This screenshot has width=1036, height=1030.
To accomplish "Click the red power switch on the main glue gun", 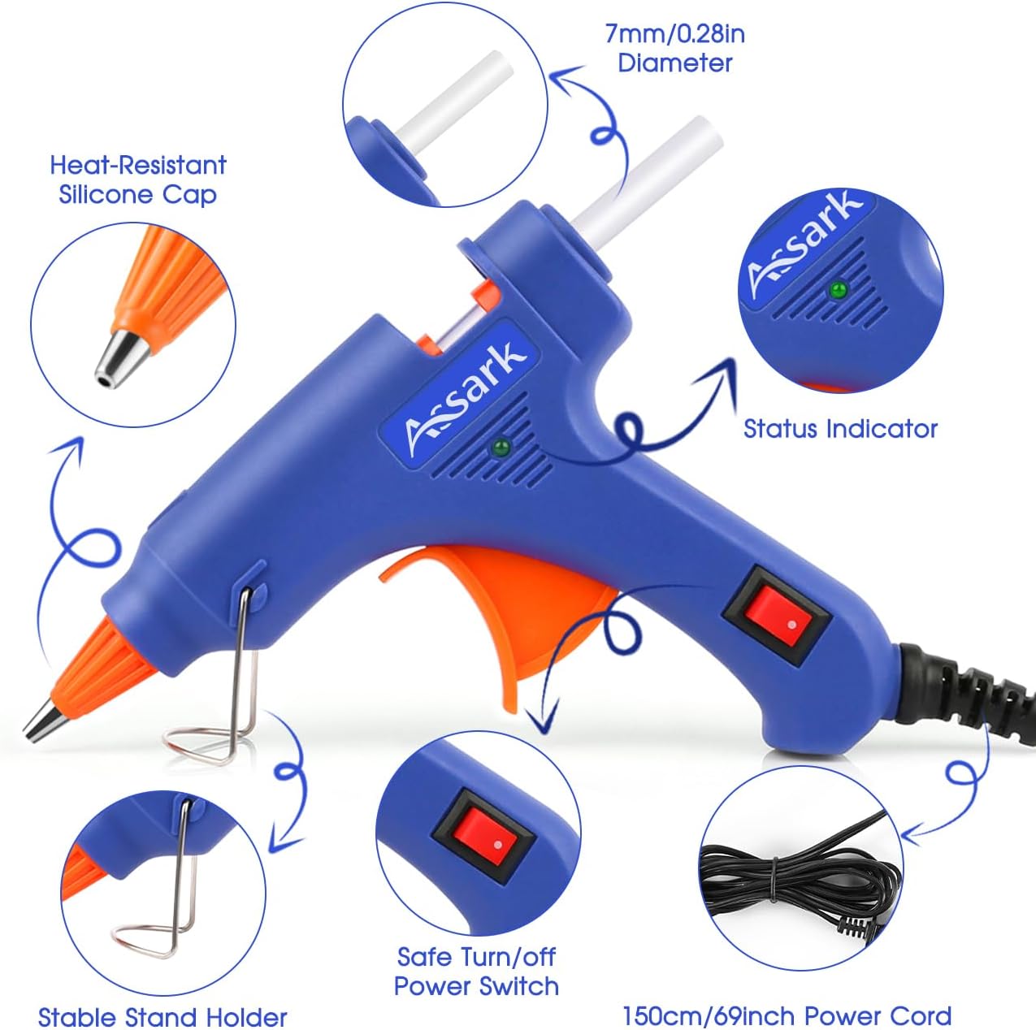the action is tap(778, 619).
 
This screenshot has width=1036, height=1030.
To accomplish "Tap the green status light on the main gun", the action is tap(501, 446).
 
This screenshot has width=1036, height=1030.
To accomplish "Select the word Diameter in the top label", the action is tap(674, 63).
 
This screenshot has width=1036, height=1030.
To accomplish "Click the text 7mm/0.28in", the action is tap(675, 34).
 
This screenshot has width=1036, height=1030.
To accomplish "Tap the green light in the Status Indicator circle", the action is tap(837, 291).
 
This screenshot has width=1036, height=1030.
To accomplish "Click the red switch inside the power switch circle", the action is tap(483, 852).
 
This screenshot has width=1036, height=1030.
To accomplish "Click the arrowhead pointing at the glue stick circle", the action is tap(566, 80).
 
